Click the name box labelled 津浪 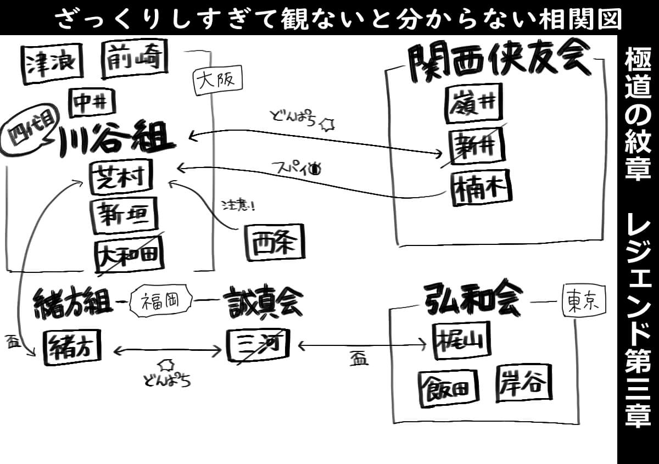coord(52,63)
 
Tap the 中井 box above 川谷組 coord(92,102)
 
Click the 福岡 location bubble coord(161,300)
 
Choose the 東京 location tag coord(583,301)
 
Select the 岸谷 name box coord(524,384)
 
